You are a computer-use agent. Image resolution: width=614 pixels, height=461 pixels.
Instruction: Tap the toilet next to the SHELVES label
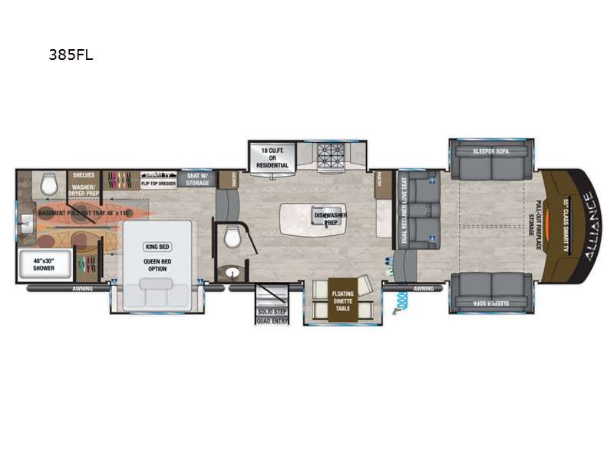pyautogui.click(x=49, y=183)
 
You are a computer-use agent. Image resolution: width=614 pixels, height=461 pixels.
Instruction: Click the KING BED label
pyautogui.click(x=156, y=247)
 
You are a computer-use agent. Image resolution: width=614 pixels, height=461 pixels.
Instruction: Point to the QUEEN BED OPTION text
pyautogui.click(x=156, y=263)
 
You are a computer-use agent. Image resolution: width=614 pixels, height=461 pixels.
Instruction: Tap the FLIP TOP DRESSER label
pyautogui.click(x=159, y=184)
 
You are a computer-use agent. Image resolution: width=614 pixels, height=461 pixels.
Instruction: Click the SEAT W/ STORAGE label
pyautogui.click(x=197, y=179)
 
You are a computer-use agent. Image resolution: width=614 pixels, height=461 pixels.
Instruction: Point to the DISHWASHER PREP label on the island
pyautogui.click(x=330, y=217)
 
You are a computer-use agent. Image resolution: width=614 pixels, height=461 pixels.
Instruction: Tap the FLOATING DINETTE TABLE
pyautogui.click(x=342, y=299)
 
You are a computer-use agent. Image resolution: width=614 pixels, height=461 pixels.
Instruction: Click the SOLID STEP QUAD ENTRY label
pyautogui.click(x=272, y=314)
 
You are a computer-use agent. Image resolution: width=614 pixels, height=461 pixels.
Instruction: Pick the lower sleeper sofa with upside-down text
pyautogui.click(x=490, y=295)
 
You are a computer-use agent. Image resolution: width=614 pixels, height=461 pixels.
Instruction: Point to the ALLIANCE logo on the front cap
pyautogui.click(x=589, y=227)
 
